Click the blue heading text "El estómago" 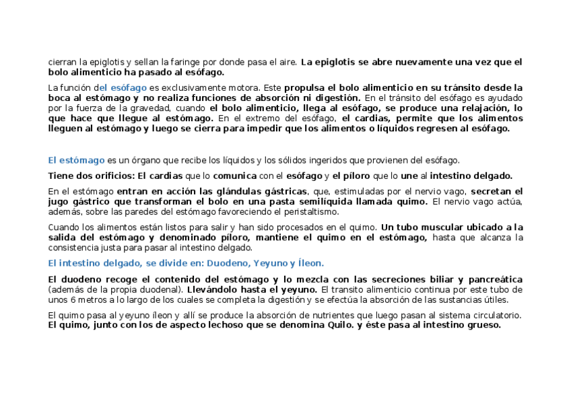(76, 160)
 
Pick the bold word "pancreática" (494, 279)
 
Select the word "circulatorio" (497, 315)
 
